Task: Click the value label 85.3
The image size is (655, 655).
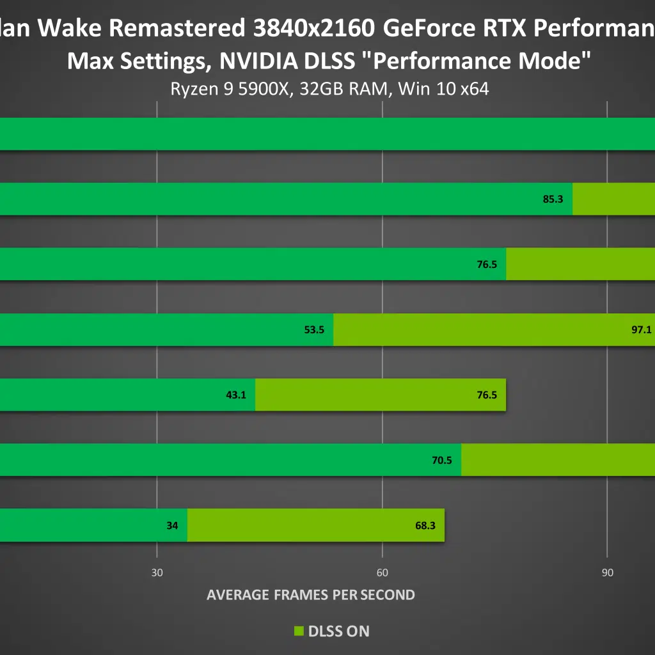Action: [553, 199]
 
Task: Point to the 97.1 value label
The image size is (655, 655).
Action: [641, 330]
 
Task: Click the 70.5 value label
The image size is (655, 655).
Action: [441, 460]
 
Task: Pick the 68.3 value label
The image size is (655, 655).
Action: [425, 526]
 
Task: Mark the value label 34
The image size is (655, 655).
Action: [172, 526]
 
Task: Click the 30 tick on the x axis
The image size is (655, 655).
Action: [157, 572]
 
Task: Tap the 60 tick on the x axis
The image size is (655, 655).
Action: [382, 572]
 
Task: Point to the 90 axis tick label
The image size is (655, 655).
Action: [607, 572]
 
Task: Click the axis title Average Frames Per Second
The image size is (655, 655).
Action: [311, 595]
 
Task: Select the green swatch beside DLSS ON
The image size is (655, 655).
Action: [298, 631]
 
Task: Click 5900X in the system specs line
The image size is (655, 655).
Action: [259, 89]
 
